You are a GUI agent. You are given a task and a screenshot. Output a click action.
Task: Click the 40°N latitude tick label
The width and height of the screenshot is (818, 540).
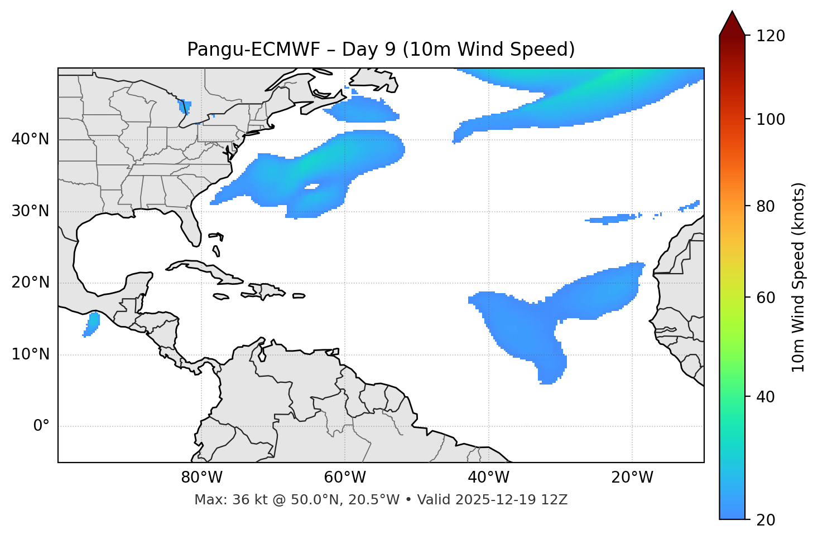[x=30, y=139]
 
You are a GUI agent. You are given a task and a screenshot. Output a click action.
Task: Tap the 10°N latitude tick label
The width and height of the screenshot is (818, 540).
[x=30, y=354]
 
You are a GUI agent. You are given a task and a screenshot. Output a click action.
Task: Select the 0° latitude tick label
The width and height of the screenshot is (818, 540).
[x=41, y=426]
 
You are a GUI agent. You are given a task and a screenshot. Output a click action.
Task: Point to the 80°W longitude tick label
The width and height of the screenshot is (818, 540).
[x=201, y=478]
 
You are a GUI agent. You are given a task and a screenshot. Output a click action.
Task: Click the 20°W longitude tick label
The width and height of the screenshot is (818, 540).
[x=632, y=478]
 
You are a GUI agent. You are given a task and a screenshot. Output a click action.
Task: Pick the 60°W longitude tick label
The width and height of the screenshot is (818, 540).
[x=345, y=478]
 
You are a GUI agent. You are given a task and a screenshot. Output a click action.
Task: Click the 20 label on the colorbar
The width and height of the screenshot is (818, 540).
[x=767, y=519]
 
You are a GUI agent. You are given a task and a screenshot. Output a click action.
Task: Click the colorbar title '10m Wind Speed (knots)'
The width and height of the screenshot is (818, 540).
[x=798, y=277]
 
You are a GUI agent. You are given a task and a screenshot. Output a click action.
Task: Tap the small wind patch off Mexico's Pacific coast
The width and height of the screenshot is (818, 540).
[x=92, y=323]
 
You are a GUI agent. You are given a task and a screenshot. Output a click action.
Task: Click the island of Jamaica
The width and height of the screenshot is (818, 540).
[x=221, y=296]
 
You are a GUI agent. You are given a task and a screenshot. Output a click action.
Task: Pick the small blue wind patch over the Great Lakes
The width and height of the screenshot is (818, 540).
[x=185, y=105]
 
